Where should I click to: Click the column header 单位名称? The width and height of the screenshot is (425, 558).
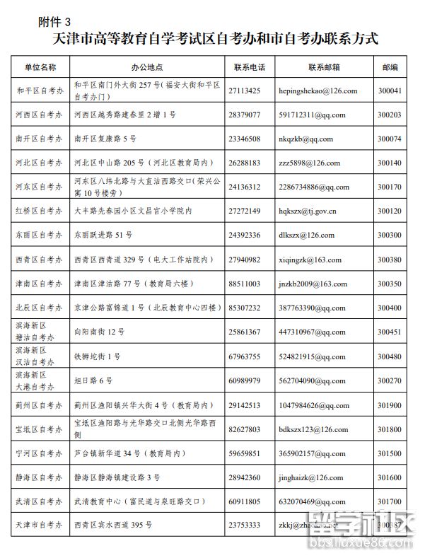click(x=40, y=67)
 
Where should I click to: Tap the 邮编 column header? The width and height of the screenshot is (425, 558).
click(x=390, y=67)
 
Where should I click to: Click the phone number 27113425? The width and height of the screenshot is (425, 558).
click(x=245, y=91)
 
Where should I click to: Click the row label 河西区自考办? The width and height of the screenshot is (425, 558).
click(x=39, y=115)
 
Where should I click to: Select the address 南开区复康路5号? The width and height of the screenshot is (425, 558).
click(x=105, y=139)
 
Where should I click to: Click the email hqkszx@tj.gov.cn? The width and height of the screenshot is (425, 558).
click(x=308, y=211)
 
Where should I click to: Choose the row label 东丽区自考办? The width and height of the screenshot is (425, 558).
click(x=39, y=236)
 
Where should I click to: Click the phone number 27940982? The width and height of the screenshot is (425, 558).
click(x=245, y=260)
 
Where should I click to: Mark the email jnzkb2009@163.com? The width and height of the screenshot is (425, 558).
click(x=313, y=284)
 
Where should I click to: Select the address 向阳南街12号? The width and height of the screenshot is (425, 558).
click(x=99, y=332)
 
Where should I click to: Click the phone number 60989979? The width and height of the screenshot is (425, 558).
click(x=245, y=380)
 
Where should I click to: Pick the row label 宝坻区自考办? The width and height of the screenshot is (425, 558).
click(x=39, y=429)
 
